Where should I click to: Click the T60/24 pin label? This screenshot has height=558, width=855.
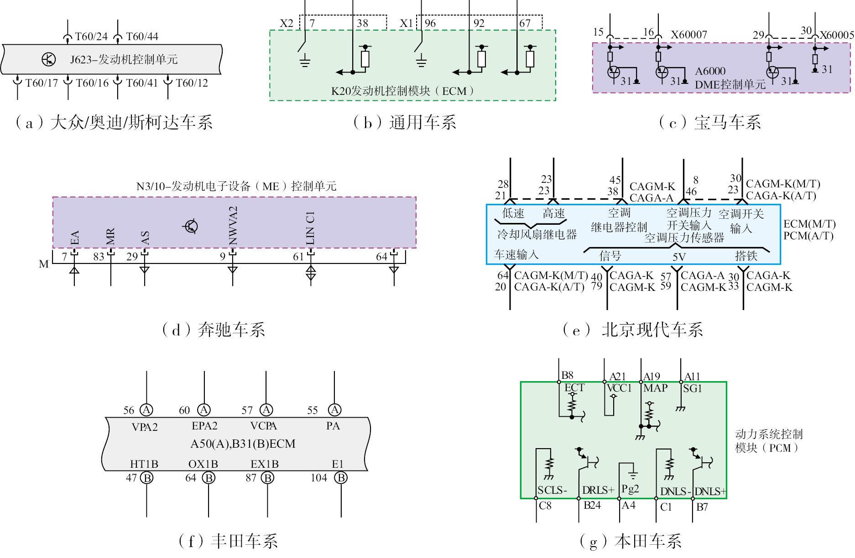click(x=91, y=36)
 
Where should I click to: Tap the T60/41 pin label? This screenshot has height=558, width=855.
click(x=141, y=83)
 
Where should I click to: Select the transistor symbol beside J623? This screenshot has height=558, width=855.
click(x=49, y=59)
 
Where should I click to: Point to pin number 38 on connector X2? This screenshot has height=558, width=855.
click(x=362, y=23)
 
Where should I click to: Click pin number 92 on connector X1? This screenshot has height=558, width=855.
click(x=479, y=23)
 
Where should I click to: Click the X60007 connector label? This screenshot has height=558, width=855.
click(x=689, y=35)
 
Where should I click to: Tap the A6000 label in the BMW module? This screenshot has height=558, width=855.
click(x=710, y=71)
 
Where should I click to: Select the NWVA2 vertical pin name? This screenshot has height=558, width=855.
click(x=233, y=226)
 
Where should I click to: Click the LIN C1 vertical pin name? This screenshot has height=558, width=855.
click(x=311, y=228)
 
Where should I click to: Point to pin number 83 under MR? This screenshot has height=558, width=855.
click(x=99, y=257)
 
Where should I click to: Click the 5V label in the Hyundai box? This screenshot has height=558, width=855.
click(x=679, y=257)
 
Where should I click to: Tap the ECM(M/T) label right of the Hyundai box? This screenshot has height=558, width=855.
click(x=809, y=224)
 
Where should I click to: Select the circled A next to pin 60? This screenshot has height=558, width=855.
click(x=204, y=410)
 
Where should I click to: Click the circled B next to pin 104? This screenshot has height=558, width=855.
click(x=341, y=478)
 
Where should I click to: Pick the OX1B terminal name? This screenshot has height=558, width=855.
click(x=203, y=464)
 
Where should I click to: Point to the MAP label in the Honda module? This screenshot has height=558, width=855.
click(x=655, y=388)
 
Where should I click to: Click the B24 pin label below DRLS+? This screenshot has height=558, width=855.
click(x=592, y=505)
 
